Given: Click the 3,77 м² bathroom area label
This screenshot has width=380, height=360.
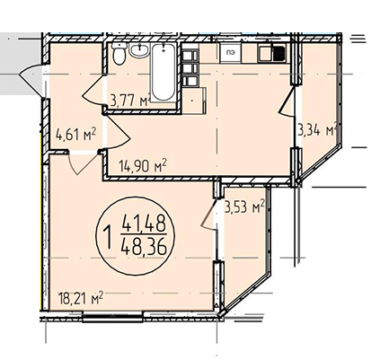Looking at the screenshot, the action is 130,101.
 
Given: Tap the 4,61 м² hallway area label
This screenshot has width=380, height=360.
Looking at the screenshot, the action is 75,135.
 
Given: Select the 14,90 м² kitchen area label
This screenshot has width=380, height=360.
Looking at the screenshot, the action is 143,166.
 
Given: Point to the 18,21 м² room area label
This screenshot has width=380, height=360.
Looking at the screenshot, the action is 81,298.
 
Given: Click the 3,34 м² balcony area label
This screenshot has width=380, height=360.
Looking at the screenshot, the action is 318,130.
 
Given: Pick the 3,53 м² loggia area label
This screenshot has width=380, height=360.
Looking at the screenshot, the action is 244,206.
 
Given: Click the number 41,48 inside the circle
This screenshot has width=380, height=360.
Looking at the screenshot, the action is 144,224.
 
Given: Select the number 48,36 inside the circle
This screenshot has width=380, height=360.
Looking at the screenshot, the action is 144,247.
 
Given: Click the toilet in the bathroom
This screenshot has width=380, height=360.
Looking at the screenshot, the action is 119,54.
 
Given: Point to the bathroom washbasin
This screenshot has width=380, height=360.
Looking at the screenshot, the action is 139,50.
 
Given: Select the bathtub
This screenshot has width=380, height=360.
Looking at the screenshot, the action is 163,73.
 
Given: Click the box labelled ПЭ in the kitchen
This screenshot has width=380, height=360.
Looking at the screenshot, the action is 230,53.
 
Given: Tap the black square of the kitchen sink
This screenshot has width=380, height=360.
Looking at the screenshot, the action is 279,54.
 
